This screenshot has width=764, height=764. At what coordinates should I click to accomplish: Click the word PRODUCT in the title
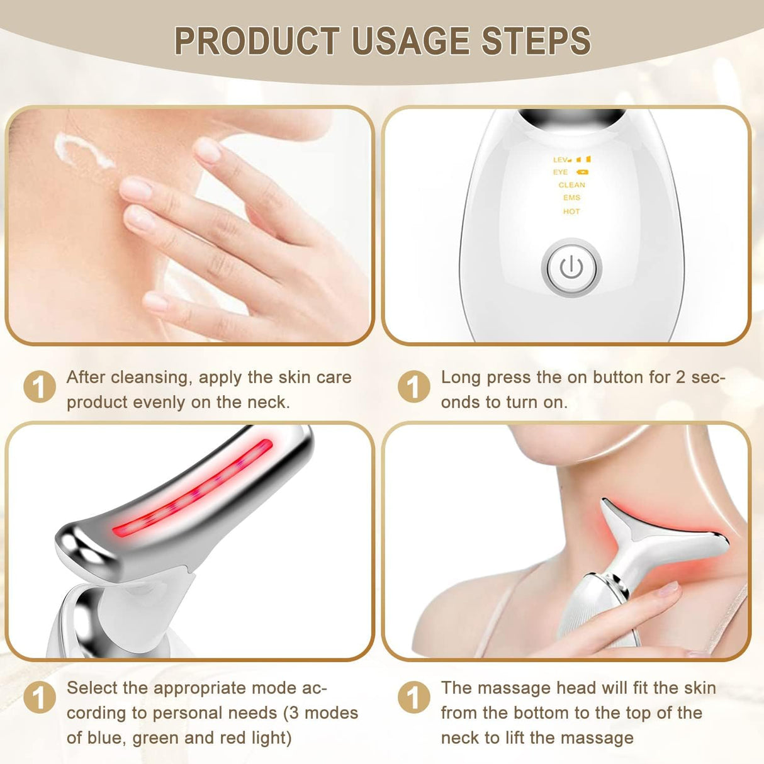tap(257, 41)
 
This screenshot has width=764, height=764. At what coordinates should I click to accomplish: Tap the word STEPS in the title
tap(536, 41)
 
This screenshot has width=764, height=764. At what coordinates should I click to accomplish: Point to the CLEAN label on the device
tap(571, 185)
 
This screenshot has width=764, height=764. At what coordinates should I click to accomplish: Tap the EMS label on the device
tap(571, 198)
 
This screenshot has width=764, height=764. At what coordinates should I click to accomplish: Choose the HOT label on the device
tap(571, 211)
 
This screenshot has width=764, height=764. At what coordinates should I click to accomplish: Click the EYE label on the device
tap(561, 172)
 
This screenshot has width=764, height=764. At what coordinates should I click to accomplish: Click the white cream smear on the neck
tap(82, 150)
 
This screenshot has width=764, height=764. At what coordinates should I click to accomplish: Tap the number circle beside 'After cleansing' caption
tap(40, 386)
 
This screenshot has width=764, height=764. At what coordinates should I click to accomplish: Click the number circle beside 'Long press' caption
tap(414, 386)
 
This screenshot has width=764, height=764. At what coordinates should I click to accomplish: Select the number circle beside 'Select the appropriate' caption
tap(40, 697)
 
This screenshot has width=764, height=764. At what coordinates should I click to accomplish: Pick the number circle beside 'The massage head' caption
tap(414, 697)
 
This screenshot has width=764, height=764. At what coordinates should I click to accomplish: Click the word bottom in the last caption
tap(541, 713)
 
